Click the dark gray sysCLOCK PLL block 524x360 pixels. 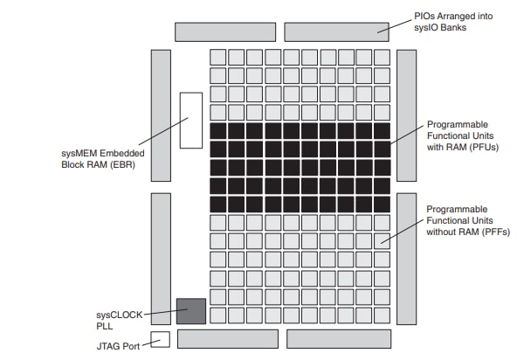[x=190, y=312]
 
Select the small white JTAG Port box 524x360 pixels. [x=160, y=339]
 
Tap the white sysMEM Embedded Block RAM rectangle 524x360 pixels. [x=190, y=120]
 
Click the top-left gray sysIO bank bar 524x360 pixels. [x=224, y=31]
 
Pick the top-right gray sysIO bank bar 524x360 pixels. [x=336, y=31]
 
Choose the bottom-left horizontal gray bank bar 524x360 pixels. [x=228, y=338]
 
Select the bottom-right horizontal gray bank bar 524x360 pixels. [x=339, y=338]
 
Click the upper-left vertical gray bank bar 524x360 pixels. [x=161, y=115]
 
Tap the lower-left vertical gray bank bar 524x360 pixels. [x=161, y=259]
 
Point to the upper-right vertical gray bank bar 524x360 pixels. [x=407, y=115]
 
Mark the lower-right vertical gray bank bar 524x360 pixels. [x=407, y=259]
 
